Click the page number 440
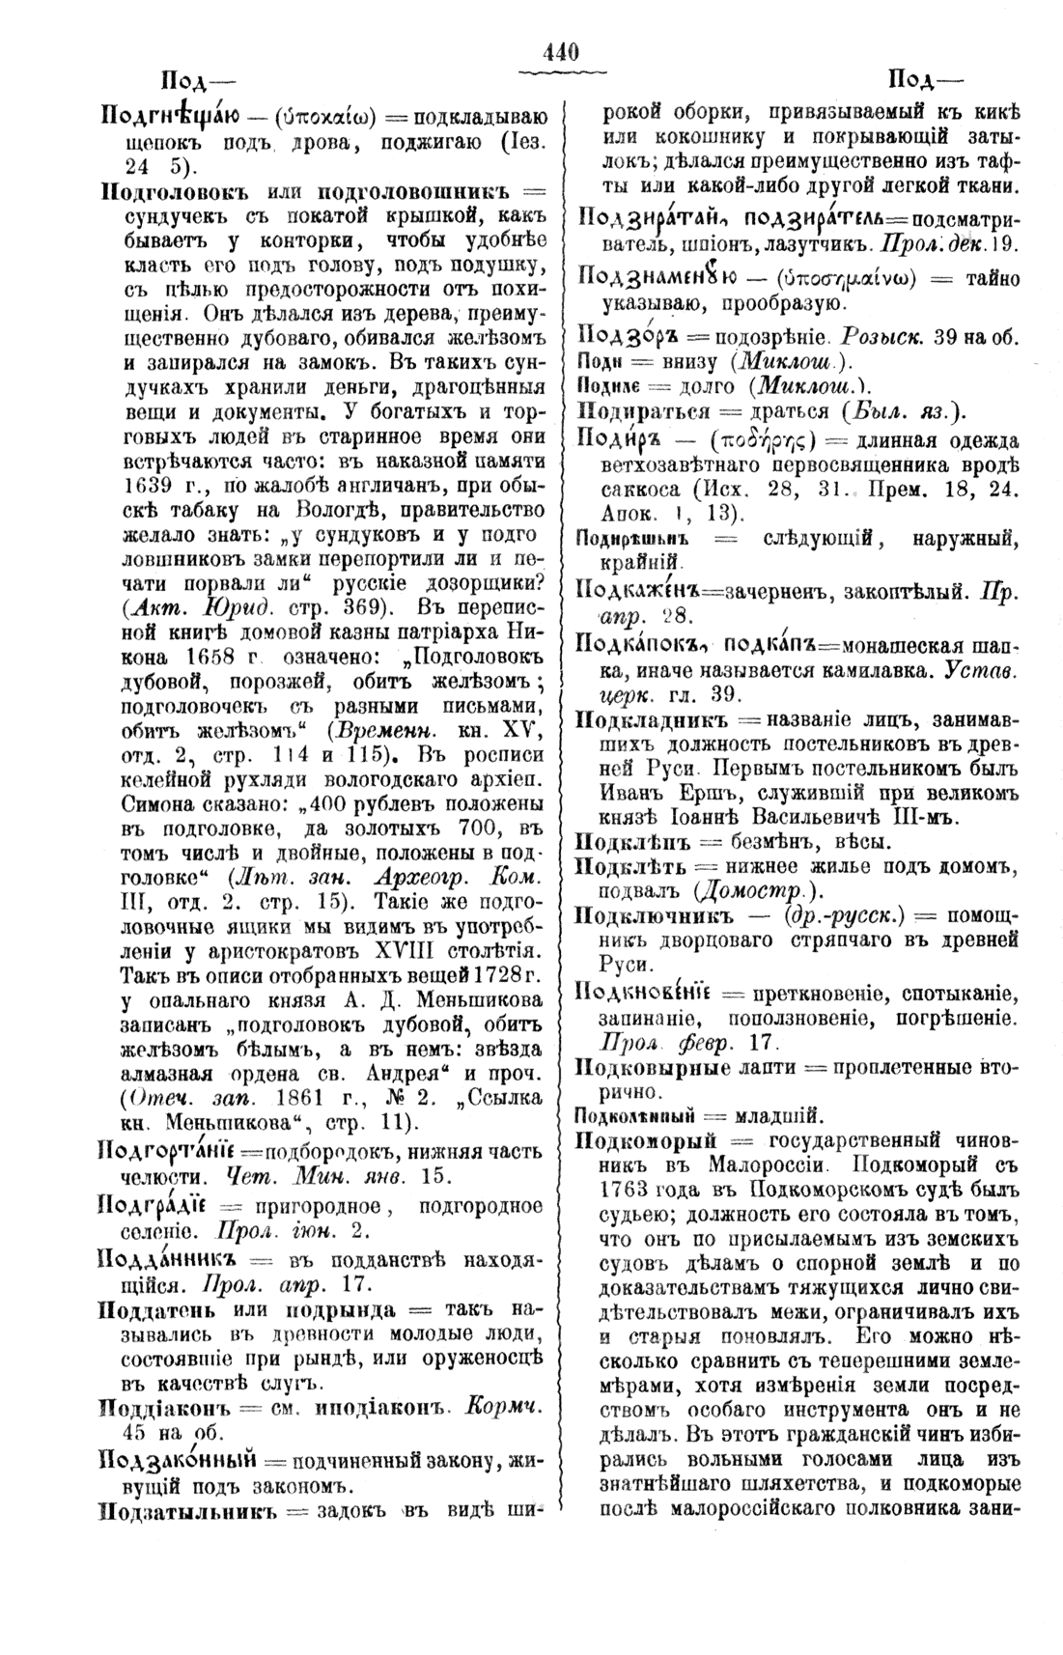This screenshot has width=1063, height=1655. pos(561,53)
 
